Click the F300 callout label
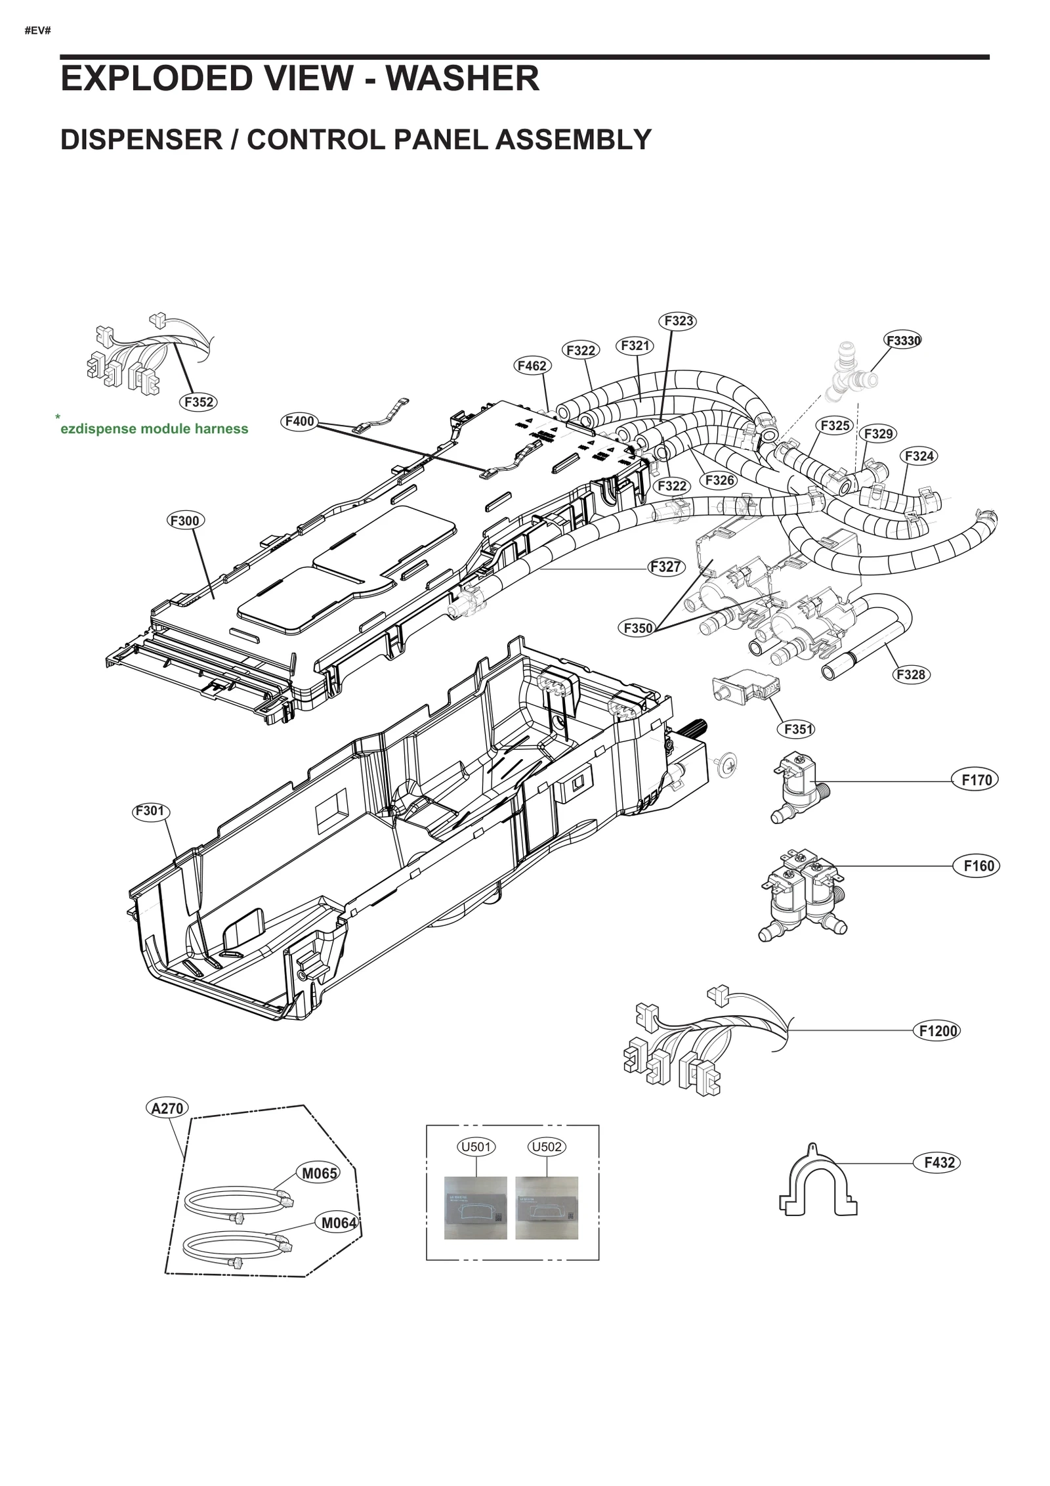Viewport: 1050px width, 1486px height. [x=184, y=521]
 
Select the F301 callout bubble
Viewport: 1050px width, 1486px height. [x=150, y=811]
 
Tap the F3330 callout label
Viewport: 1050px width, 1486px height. [x=903, y=340]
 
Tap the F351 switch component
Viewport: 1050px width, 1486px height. [x=745, y=689]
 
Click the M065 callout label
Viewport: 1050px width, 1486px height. [x=320, y=1173]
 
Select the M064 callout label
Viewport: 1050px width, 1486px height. [x=338, y=1222]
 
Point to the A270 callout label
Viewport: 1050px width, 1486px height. [x=167, y=1108]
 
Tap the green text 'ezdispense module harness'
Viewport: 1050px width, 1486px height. [x=154, y=429]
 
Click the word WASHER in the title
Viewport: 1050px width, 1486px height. [x=462, y=79]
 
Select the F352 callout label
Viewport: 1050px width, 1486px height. [x=198, y=402]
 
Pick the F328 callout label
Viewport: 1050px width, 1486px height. [x=910, y=674]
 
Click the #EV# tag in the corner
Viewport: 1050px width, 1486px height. [x=37, y=31]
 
